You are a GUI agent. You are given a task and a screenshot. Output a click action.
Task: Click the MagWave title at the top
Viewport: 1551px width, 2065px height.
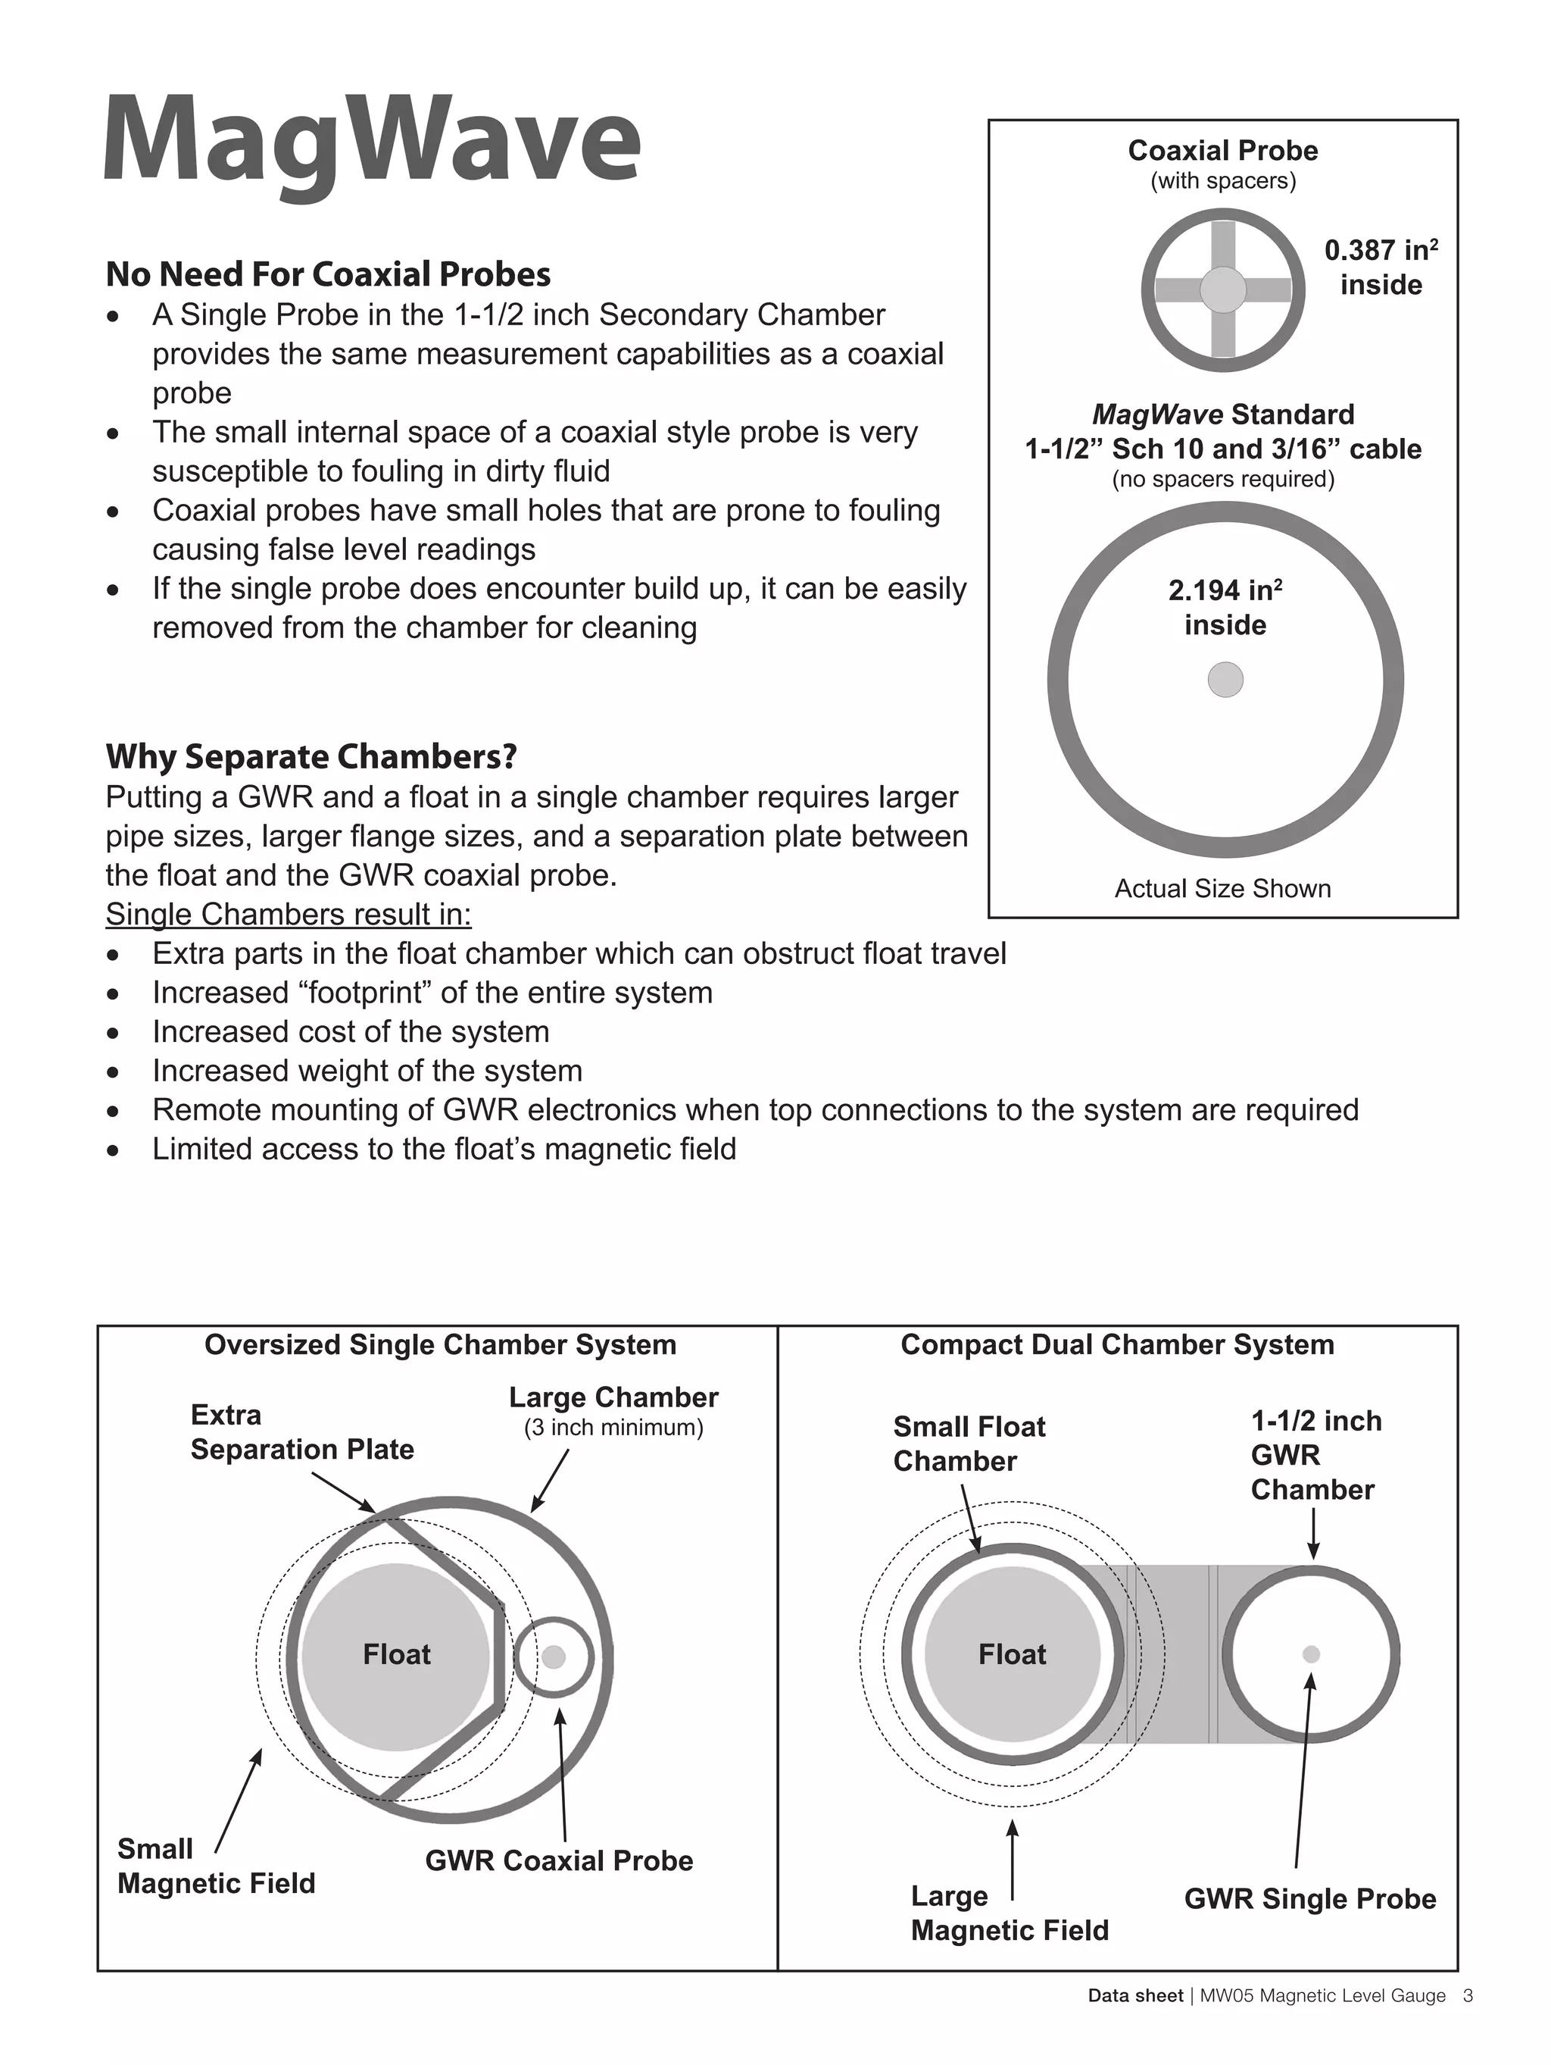(x=371, y=142)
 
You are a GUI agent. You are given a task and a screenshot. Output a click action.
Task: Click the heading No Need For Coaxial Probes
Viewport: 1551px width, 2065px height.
(x=328, y=274)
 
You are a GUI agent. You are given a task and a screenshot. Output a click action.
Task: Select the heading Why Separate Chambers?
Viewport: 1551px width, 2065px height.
(x=311, y=756)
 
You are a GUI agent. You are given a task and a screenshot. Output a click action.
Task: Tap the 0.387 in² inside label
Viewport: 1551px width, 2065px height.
(x=1380, y=267)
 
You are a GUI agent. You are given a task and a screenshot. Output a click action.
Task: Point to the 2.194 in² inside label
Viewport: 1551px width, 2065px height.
(x=1225, y=607)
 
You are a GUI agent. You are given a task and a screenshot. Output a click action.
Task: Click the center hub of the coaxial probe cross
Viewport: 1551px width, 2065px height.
(x=1222, y=289)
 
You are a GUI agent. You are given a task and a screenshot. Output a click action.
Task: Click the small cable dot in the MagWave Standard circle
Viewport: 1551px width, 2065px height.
(x=1225, y=679)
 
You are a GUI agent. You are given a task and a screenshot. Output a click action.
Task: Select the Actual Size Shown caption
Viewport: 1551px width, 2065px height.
(x=1222, y=888)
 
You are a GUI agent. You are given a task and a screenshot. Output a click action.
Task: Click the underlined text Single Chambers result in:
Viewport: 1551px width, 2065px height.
(x=289, y=914)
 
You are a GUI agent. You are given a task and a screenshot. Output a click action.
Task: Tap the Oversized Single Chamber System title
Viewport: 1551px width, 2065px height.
(x=439, y=1344)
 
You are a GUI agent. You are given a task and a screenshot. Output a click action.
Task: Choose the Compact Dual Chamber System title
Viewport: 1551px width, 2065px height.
(x=1116, y=1344)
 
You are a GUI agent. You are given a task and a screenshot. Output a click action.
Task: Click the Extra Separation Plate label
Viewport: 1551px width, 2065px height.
(x=301, y=1432)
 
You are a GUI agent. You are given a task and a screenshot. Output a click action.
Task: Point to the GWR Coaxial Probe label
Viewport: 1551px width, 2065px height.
(x=559, y=1860)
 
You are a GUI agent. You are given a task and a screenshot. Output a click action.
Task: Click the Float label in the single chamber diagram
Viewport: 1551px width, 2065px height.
(x=397, y=1654)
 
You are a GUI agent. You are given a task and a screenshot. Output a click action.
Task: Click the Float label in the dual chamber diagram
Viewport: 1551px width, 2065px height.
(x=1012, y=1654)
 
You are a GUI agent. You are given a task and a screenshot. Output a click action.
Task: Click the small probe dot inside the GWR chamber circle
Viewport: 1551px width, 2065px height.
(x=1310, y=1654)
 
